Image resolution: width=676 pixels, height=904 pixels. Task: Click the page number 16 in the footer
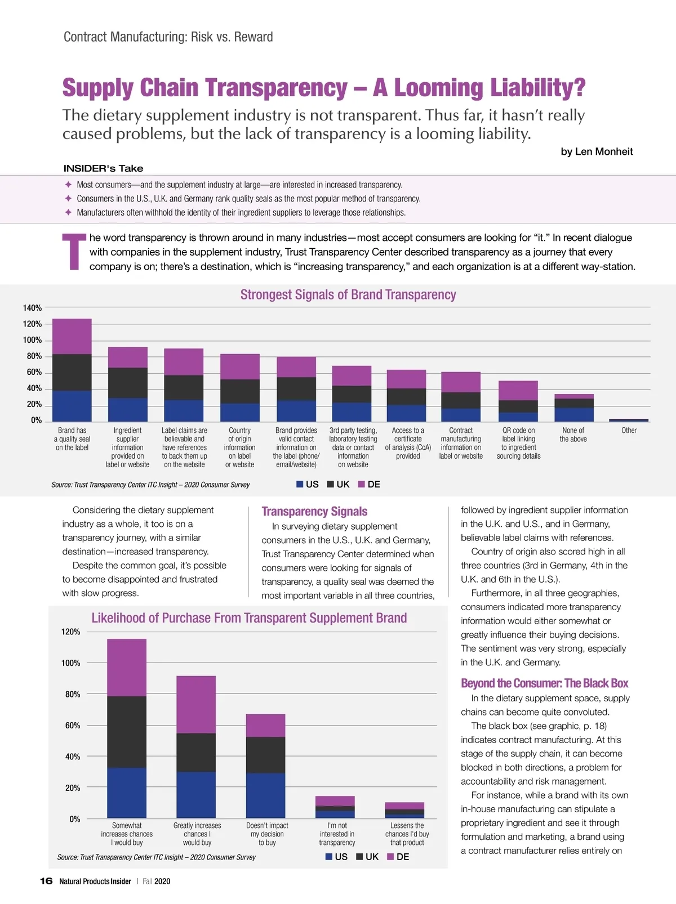tap(46, 881)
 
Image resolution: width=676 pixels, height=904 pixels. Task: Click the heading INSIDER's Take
tap(103, 168)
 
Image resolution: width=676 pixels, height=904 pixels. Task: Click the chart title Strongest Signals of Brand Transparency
tap(348, 294)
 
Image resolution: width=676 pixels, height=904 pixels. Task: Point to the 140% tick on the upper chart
tap(32, 308)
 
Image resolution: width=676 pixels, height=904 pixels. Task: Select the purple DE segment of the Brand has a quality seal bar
tap(72, 336)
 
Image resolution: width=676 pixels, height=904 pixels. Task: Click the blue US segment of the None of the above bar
tap(574, 414)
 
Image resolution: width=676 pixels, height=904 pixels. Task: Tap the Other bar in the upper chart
tap(629, 420)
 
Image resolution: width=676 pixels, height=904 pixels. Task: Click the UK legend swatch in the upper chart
tap(331, 484)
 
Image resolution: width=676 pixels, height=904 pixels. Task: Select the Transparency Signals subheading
tap(314, 511)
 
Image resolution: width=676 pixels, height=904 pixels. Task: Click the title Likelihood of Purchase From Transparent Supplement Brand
tap(249, 618)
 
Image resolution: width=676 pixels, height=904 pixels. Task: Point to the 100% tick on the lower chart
tap(70, 663)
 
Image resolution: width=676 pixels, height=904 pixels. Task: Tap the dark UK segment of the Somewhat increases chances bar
tap(127, 732)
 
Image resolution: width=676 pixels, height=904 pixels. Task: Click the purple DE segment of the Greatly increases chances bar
tap(196, 704)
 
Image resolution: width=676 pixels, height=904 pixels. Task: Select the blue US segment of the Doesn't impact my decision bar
tap(265, 795)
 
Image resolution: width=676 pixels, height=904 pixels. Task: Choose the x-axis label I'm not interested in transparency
tap(337, 834)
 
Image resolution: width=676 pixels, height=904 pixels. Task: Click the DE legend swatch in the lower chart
tap(390, 857)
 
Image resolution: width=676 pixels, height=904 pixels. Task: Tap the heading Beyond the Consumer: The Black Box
tap(544, 683)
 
